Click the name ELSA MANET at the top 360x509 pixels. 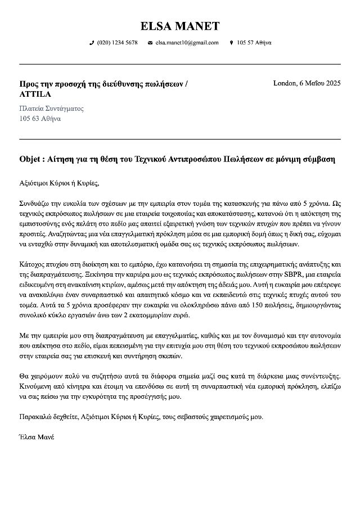tap(180, 26)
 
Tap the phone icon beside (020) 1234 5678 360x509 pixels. tap(92, 43)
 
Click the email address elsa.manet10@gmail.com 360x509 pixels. tap(187, 43)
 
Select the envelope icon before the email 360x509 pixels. tap(150, 43)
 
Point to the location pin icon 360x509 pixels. tap(231, 43)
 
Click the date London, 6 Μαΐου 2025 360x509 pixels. tap(307, 83)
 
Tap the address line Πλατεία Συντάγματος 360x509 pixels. tap(51, 108)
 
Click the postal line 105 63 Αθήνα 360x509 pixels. tap(40, 119)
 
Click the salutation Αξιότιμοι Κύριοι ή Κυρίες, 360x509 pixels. tap(59, 183)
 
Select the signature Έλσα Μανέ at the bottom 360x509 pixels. tap(37, 436)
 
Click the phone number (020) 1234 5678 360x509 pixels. tap(117, 43)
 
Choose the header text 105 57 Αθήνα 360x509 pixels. tap(254, 43)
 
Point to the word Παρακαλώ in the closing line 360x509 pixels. tap(35, 417)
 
